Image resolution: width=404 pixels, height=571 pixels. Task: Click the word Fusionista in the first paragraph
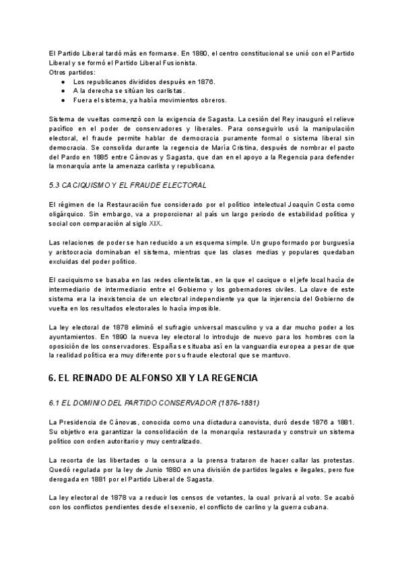click(178, 63)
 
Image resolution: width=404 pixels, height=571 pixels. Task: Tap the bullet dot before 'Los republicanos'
click(63, 81)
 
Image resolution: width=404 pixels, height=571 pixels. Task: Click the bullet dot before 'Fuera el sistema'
click(63, 100)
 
